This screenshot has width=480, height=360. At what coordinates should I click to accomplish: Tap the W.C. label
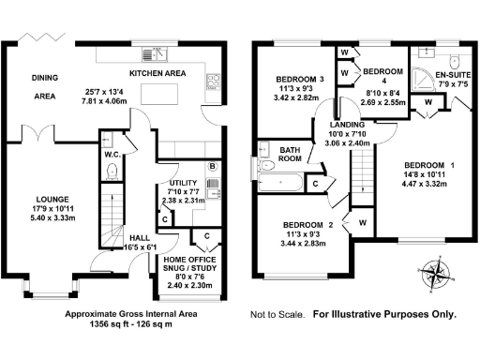pos(111,154)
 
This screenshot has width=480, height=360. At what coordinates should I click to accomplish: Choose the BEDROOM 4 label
pos(382,72)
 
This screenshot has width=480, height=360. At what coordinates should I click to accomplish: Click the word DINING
pos(45,78)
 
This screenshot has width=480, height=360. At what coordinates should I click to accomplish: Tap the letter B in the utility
pos(213,167)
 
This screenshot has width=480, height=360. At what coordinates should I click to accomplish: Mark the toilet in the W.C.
pos(112,171)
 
